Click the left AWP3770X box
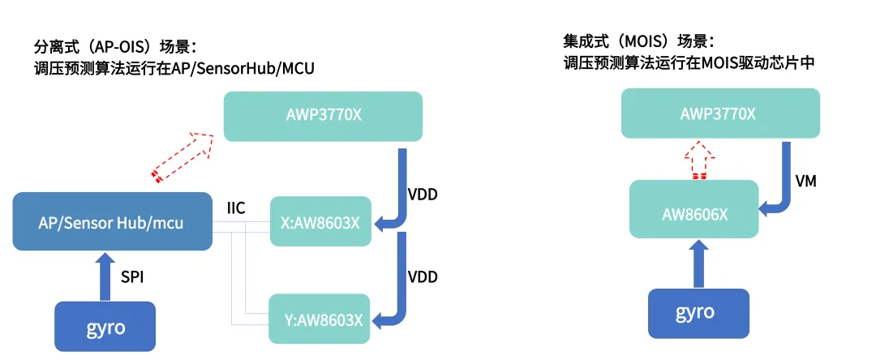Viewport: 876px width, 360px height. coord(323,116)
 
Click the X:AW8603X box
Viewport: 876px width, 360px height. coord(320,221)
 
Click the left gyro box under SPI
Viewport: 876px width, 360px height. coord(105,327)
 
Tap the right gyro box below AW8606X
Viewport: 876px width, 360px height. coord(695,312)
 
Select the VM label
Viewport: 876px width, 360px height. coord(805,182)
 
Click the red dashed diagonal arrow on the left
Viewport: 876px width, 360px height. coord(183,154)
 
